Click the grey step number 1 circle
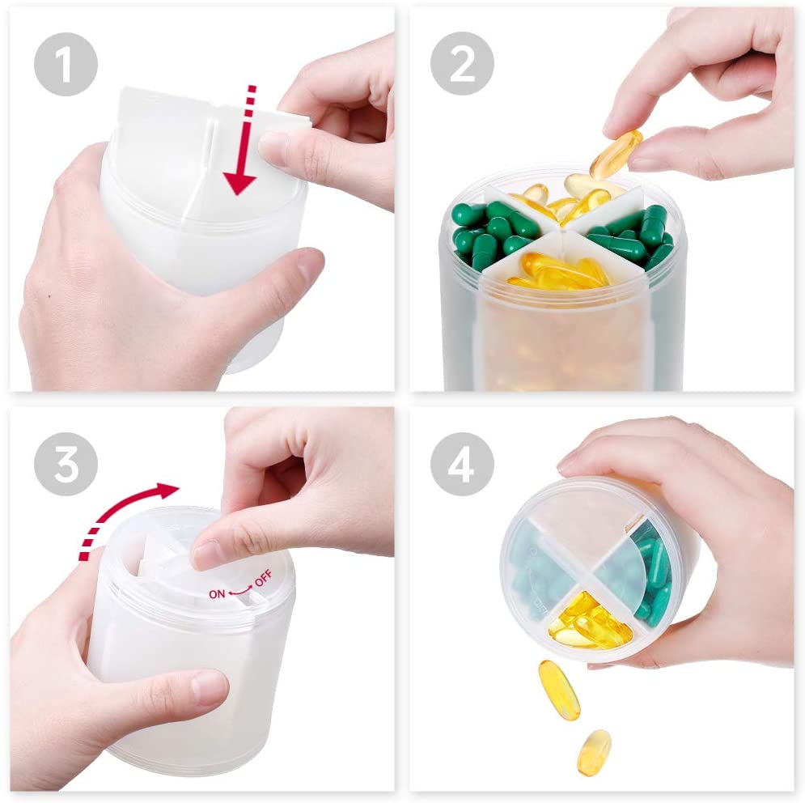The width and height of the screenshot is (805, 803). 66,64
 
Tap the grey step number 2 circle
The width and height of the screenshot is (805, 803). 462,64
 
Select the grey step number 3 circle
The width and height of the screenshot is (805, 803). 66,464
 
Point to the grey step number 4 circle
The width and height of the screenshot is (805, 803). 462,464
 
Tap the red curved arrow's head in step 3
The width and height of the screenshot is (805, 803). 167,491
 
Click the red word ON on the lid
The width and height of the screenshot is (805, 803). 217,594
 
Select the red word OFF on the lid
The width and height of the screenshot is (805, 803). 264,579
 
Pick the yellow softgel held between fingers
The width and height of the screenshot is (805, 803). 616,154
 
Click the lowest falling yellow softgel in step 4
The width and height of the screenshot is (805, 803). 594,752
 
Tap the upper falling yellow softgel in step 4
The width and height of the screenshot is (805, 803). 558,690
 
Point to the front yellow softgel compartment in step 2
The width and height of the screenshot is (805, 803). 561,270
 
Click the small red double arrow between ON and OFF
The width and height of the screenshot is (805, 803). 239,591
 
